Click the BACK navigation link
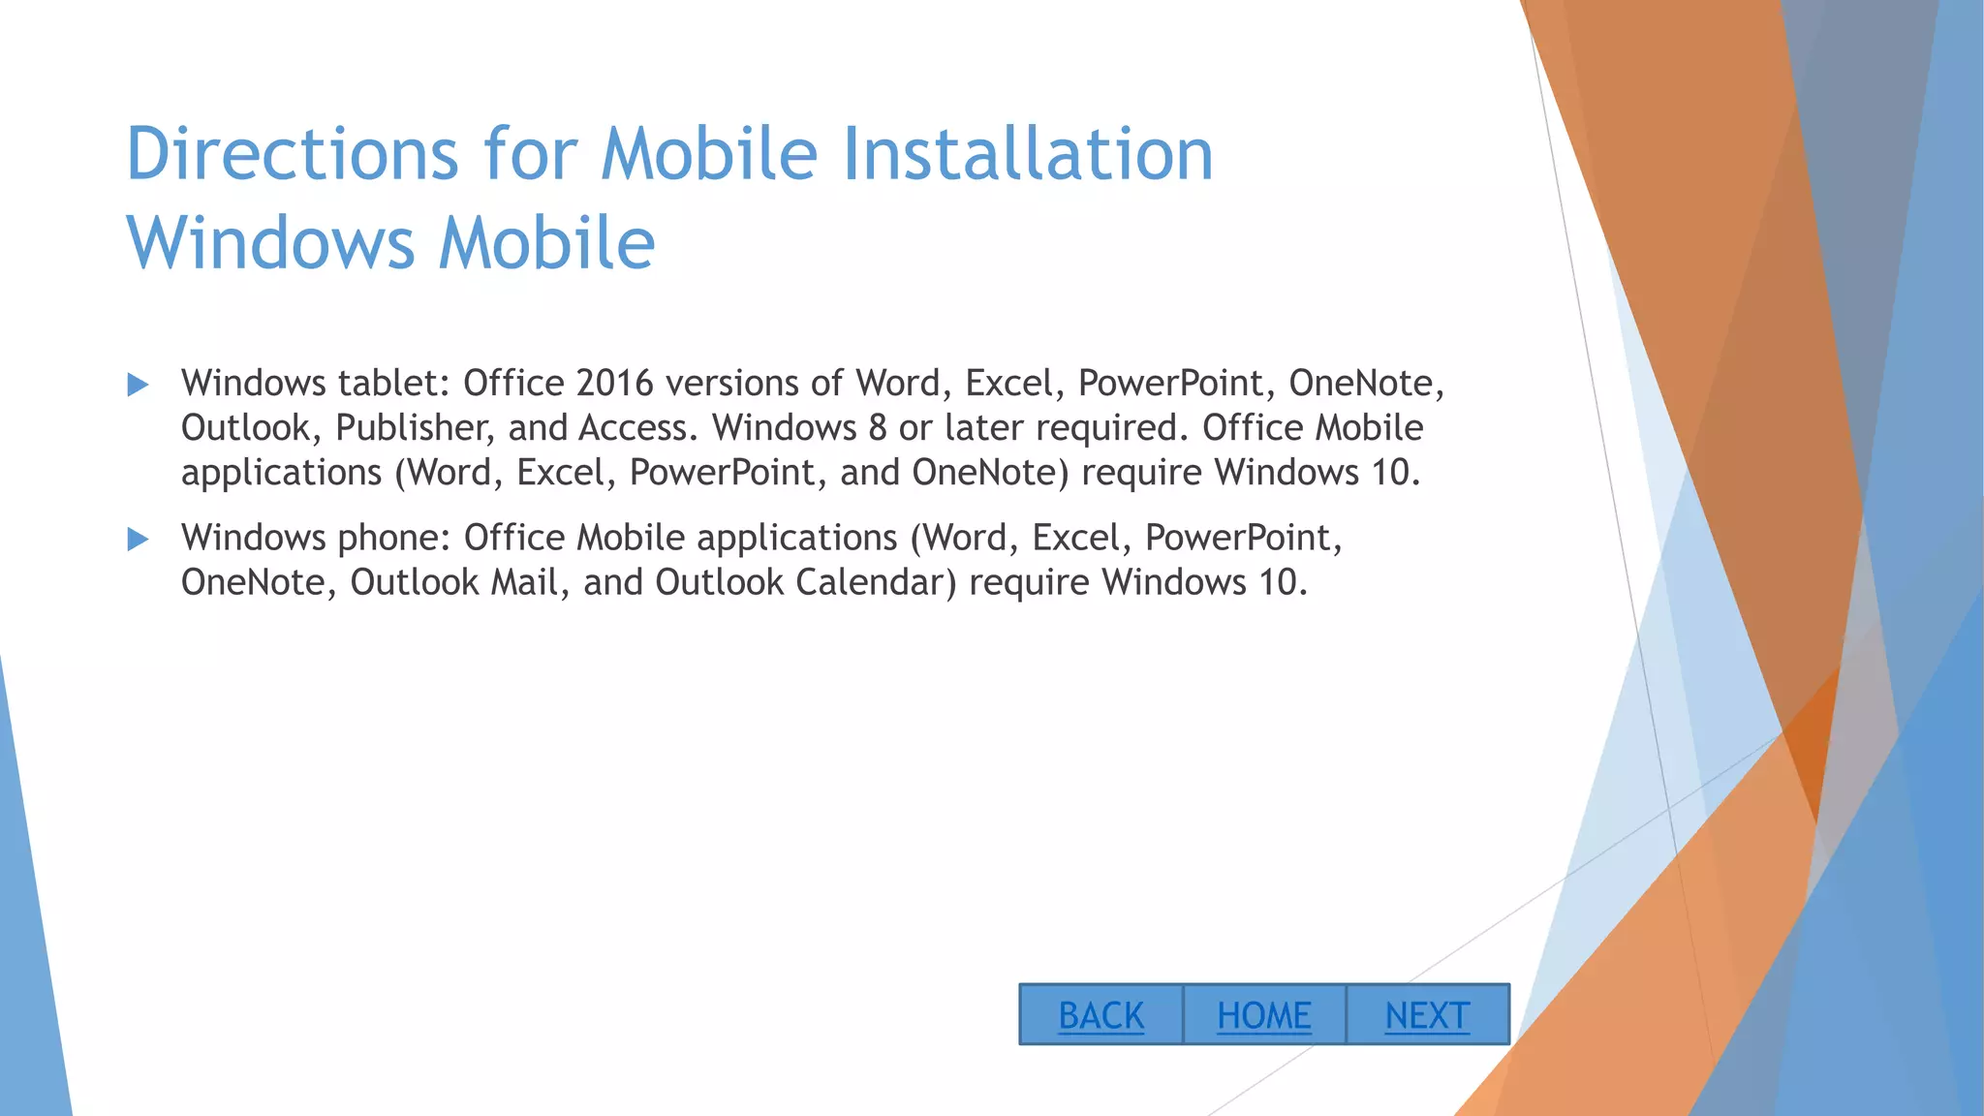1100,1015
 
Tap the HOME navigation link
1264,1015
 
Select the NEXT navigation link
1427,1015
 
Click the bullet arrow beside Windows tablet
138,385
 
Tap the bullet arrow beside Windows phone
138,539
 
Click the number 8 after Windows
878,427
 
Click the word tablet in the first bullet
394,383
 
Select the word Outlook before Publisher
251,427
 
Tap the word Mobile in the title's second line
546,242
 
